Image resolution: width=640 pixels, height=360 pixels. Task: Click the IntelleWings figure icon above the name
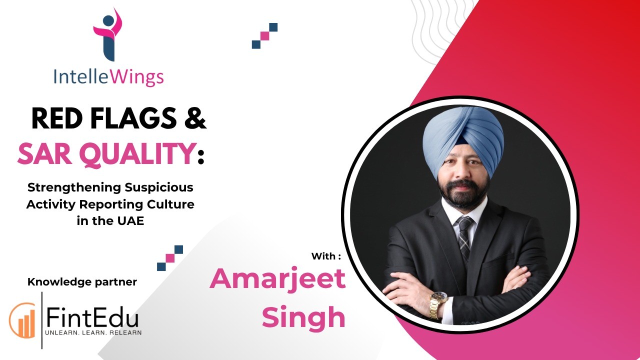click(108, 34)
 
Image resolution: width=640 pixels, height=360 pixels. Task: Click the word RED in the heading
click(57, 118)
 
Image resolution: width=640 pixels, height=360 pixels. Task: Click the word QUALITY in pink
click(137, 154)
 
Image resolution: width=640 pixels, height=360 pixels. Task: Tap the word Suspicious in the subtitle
click(159, 187)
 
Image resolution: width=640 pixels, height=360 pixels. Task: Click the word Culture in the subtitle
click(170, 204)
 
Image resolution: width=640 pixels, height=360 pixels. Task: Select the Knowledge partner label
click(82, 282)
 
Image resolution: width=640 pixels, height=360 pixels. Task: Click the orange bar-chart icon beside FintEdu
click(23, 320)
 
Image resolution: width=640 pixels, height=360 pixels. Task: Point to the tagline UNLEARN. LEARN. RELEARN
click(93, 333)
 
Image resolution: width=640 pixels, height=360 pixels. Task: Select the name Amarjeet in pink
click(277, 279)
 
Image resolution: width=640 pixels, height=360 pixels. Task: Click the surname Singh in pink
click(303, 317)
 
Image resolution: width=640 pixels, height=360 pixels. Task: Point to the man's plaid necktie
click(464, 237)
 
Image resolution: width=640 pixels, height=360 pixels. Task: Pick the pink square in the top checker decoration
click(265, 36)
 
